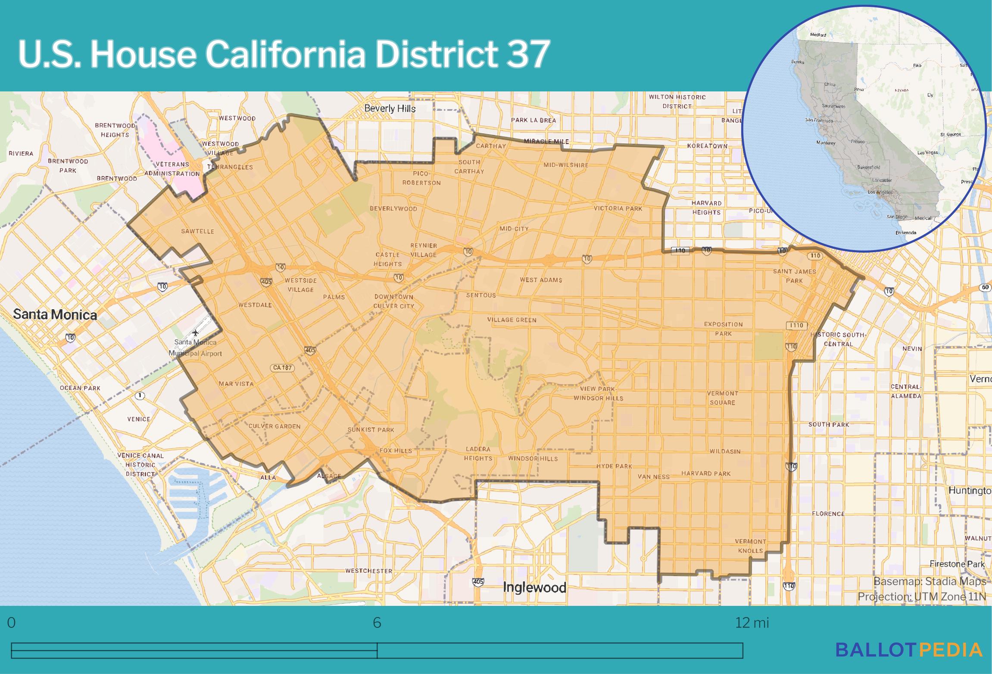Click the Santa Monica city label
click(55, 314)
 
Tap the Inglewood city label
click(534, 587)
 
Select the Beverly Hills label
click(390, 108)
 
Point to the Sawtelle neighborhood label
click(197, 231)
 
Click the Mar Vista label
click(236, 384)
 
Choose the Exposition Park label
click(723, 329)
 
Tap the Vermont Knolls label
click(750, 546)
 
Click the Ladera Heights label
click(478, 454)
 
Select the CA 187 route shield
click(282, 368)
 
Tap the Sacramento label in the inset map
click(833, 106)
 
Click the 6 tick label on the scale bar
click(377, 623)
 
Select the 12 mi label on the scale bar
click(752, 623)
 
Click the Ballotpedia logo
click(909, 649)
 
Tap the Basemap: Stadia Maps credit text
click(930, 581)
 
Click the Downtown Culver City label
click(393, 301)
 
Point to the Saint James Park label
click(794, 276)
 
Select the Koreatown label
click(707, 146)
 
